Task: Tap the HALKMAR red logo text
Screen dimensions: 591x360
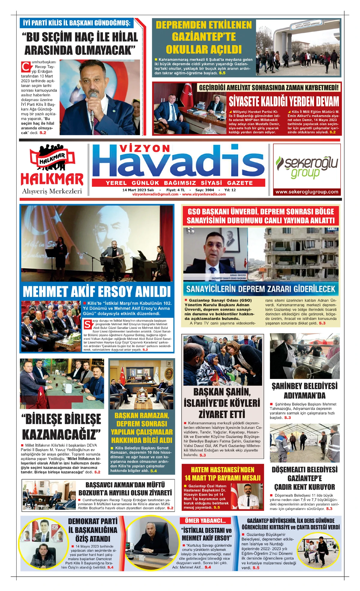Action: point(52,179)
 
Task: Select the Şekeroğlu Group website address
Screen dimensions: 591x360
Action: point(307,192)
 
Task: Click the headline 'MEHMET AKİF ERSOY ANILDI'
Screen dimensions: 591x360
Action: point(97,291)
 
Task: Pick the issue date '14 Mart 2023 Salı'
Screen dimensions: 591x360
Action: point(138,190)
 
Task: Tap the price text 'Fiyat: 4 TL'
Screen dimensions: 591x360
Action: point(175,190)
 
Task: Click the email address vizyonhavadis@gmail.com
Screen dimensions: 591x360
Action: point(155,194)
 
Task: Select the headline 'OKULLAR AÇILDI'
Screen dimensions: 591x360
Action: point(204,50)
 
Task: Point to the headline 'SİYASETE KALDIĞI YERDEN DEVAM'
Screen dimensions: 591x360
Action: point(284,101)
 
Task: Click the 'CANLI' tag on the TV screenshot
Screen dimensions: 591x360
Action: point(332,229)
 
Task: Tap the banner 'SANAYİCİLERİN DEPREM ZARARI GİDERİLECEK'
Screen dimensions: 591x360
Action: point(261,289)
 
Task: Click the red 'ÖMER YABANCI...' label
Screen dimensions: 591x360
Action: point(205,521)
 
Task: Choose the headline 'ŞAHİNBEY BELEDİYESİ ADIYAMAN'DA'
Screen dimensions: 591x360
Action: point(304,390)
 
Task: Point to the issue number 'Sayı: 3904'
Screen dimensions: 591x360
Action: point(205,190)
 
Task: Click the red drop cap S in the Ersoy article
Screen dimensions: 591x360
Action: point(88,324)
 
